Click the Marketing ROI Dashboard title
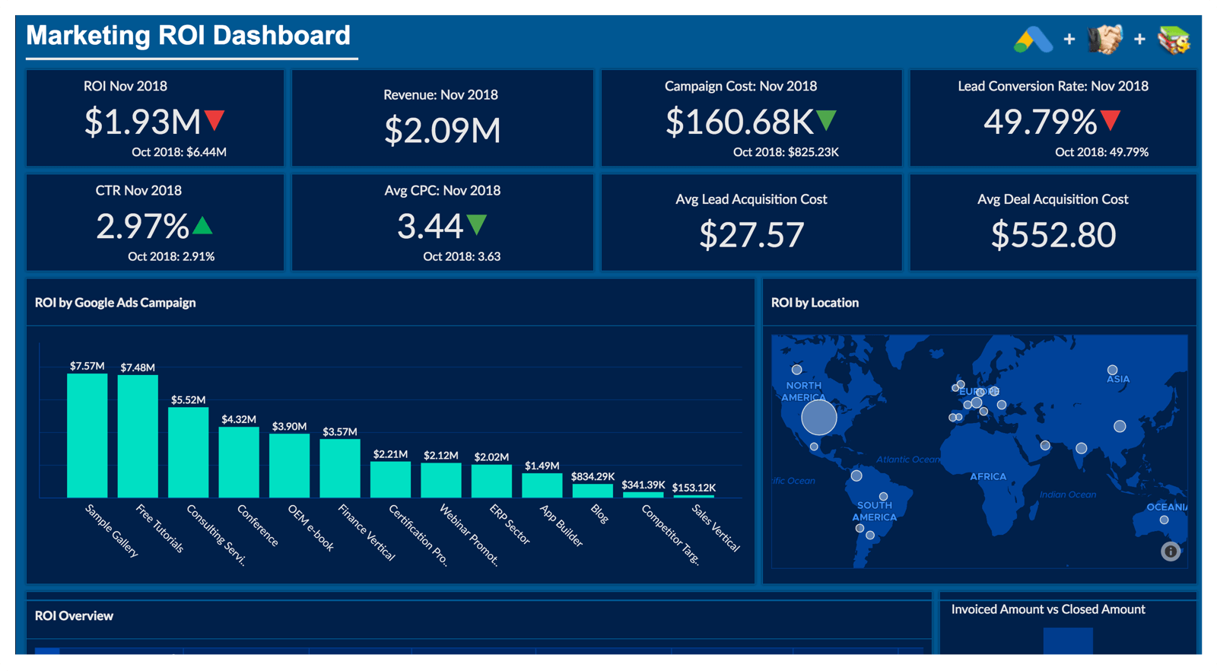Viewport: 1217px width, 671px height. tap(188, 36)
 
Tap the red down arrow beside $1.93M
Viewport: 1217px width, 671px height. tap(214, 120)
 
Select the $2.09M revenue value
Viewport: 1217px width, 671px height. tap(442, 130)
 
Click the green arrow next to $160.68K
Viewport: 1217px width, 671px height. tap(826, 120)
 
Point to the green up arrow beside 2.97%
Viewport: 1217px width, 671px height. tap(202, 225)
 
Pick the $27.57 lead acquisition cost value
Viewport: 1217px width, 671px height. tap(751, 234)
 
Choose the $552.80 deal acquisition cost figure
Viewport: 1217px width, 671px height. tap(1053, 234)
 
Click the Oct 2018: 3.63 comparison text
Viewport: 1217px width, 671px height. tap(462, 256)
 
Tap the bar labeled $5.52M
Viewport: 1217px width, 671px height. tap(188, 452)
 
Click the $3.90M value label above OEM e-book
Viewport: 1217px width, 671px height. tap(289, 426)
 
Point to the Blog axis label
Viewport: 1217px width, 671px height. tap(599, 514)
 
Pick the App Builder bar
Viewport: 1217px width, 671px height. tap(542, 485)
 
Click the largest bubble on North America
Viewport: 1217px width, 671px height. tap(819, 417)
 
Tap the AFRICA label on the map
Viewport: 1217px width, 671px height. tap(988, 476)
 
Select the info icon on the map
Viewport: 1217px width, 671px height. tap(1171, 552)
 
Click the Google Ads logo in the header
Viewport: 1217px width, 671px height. tap(1033, 40)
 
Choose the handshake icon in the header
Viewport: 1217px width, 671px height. tap(1104, 40)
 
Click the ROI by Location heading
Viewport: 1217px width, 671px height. tap(815, 303)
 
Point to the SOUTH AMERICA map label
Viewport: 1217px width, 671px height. tap(875, 511)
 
